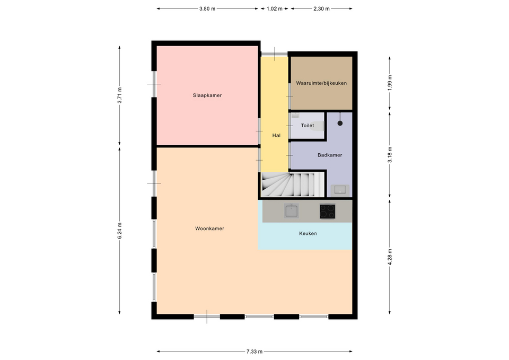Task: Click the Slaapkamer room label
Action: click(x=207, y=95)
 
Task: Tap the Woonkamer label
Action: click(x=210, y=229)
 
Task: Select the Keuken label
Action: click(x=308, y=233)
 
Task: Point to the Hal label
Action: click(x=276, y=135)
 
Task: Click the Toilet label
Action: click(x=308, y=126)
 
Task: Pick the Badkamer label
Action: click(x=330, y=155)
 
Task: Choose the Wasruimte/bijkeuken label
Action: click(x=321, y=83)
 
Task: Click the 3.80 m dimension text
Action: click(x=207, y=9)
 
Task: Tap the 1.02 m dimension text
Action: click(x=274, y=9)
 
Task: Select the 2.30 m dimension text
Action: click(x=321, y=9)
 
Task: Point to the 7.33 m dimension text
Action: click(x=254, y=351)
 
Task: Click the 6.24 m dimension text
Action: click(x=119, y=231)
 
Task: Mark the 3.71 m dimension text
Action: click(x=119, y=95)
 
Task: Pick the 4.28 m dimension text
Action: click(x=390, y=257)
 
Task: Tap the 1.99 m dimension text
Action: click(x=390, y=83)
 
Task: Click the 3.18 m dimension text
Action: click(x=390, y=155)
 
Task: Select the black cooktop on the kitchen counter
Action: click(x=328, y=211)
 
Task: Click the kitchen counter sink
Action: click(x=291, y=210)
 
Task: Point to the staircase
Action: click(x=293, y=185)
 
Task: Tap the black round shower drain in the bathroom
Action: click(x=340, y=123)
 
